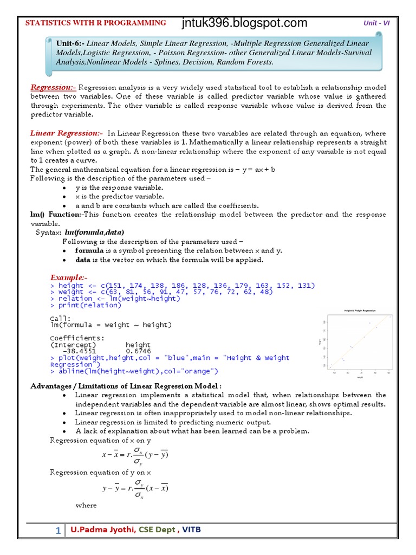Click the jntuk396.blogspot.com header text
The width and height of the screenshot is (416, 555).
245,23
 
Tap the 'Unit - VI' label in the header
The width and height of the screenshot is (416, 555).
376,23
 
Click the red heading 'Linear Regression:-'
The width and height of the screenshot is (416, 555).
66,133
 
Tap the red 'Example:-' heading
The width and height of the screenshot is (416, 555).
69,277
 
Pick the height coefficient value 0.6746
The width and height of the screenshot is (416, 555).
138,351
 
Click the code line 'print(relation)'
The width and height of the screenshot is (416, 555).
89,305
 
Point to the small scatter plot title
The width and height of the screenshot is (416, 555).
360,311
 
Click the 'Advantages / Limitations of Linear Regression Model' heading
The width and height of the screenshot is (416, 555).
126,385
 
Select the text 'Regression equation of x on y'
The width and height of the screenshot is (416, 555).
100,440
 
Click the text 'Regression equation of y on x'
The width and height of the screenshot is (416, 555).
100,473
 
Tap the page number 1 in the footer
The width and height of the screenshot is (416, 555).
58,531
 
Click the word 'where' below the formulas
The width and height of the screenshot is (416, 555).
86,505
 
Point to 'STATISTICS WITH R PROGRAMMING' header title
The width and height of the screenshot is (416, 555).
96,23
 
